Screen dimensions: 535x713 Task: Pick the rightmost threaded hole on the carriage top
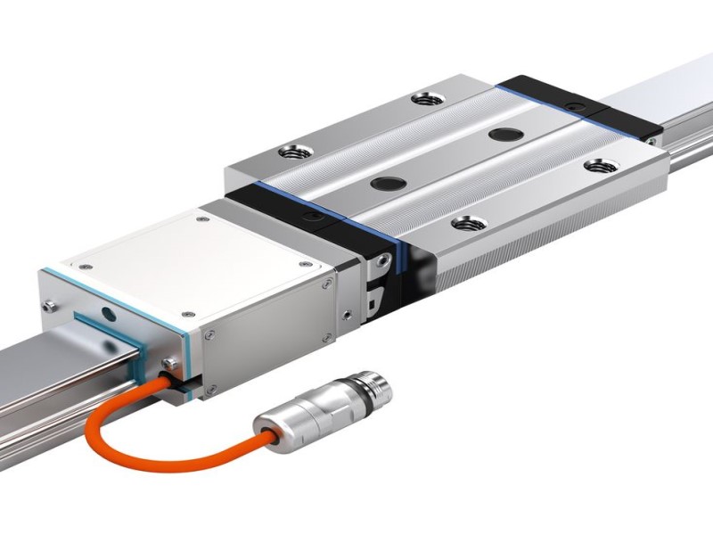tap(596, 165)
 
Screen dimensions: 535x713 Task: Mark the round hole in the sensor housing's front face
tap(108, 314)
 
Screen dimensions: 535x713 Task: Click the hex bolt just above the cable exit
tap(168, 362)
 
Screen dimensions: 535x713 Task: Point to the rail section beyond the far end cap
tap(677, 89)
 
